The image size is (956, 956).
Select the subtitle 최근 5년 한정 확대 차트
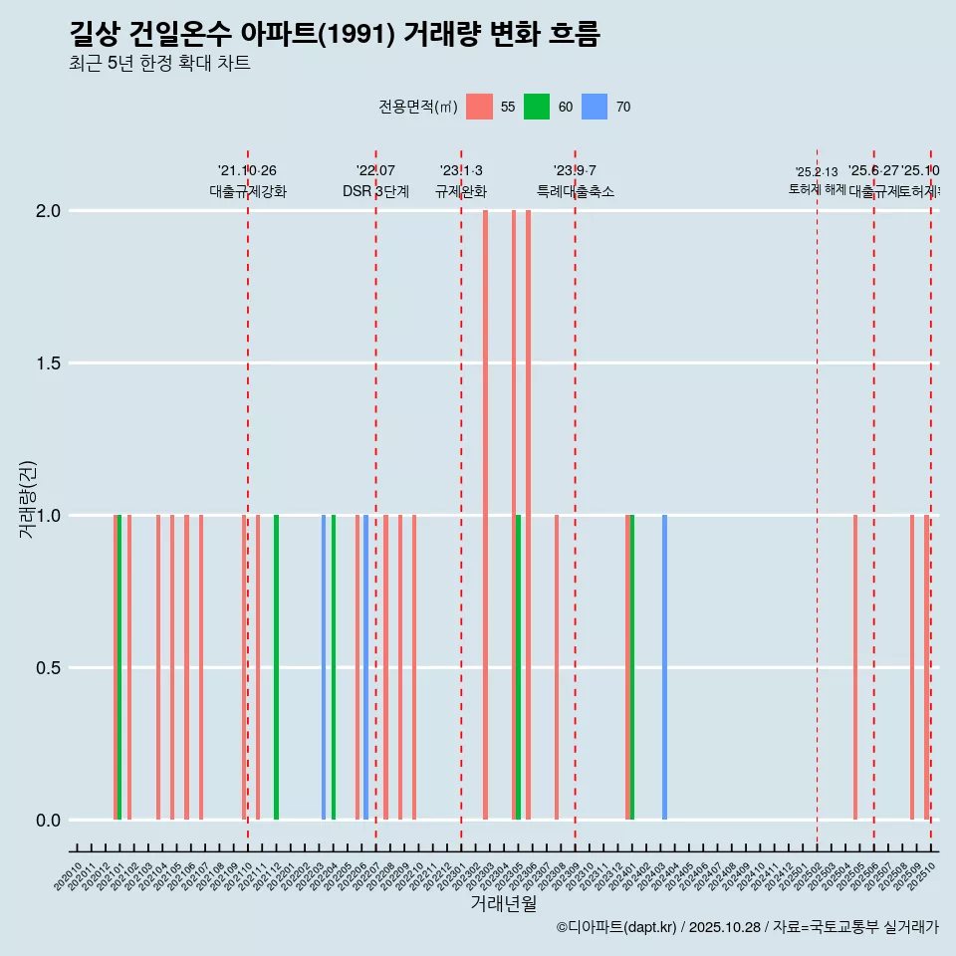(x=159, y=64)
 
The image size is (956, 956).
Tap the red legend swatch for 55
(x=480, y=107)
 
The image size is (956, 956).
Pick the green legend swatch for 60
(x=537, y=107)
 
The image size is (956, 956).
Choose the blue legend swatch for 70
(x=595, y=107)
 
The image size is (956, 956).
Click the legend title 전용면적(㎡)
(x=418, y=108)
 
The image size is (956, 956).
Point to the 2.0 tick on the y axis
(x=49, y=211)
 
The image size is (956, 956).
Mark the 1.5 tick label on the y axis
(x=49, y=363)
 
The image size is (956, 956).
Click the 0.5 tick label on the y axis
(x=49, y=668)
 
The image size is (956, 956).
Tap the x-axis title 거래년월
(x=503, y=903)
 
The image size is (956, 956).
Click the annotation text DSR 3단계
(x=375, y=192)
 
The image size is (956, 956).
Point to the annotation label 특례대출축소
(x=575, y=192)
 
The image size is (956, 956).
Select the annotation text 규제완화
(x=461, y=192)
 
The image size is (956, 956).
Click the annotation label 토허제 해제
(x=817, y=189)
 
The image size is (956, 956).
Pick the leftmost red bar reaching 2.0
(x=485, y=515)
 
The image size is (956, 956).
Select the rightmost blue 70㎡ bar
(x=664, y=667)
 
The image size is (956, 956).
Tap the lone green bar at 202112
(x=276, y=667)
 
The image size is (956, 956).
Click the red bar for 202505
(x=854, y=667)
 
